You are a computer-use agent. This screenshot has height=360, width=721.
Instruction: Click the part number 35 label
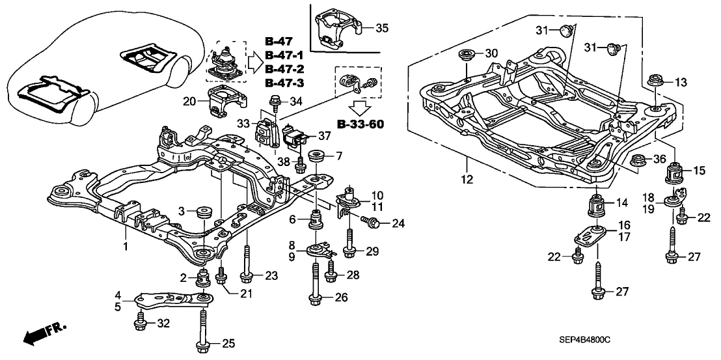[x=383, y=28]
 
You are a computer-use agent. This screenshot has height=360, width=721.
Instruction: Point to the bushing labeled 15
[x=675, y=173]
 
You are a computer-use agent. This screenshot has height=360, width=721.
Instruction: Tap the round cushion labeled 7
[x=319, y=158]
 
